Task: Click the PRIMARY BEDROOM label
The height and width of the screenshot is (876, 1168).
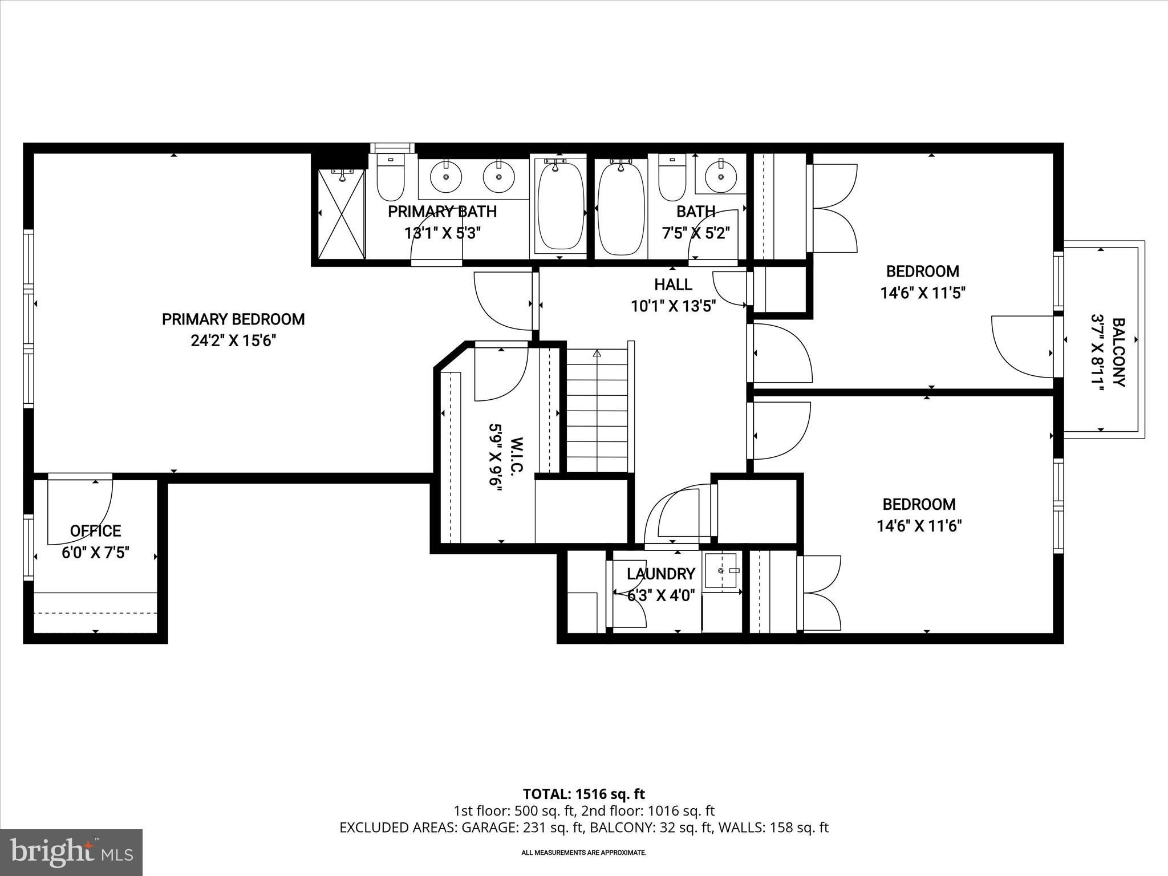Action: pos(233,319)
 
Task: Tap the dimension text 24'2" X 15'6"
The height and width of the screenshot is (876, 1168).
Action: pos(233,341)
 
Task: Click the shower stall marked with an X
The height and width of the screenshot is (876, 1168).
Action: pos(341,214)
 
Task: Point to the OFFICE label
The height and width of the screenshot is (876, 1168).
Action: pos(95,531)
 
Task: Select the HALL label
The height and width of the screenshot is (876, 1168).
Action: pos(673,284)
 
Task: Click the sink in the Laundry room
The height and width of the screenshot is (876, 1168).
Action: pos(721,570)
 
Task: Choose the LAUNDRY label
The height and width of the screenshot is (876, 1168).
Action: pos(661,574)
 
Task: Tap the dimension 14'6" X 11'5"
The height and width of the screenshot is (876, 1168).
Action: pos(922,293)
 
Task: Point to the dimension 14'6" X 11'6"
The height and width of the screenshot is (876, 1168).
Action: pos(919,526)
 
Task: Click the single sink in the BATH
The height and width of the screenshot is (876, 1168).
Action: pos(720,177)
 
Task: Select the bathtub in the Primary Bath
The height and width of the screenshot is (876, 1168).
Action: pos(561,205)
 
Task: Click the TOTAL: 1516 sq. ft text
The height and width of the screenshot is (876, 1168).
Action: pos(583,794)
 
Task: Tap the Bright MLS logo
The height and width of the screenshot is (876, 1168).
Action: pos(71,852)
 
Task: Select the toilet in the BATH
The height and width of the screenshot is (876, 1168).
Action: pos(672,178)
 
